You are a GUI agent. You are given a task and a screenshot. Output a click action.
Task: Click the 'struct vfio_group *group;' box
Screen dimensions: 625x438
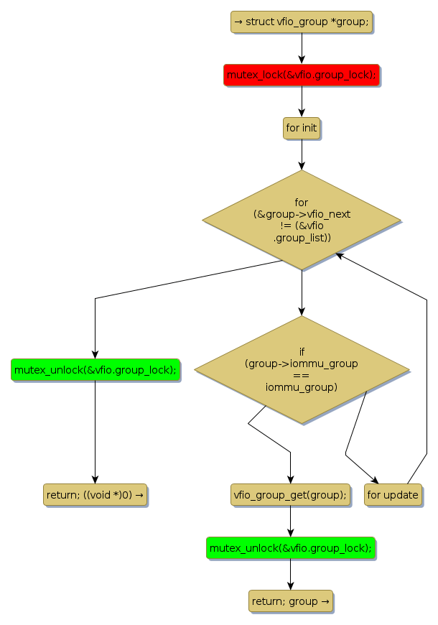(302, 22)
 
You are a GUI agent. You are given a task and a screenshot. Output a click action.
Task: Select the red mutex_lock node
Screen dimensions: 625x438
(302, 75)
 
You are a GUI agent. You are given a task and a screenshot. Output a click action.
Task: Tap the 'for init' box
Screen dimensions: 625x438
(302, 128)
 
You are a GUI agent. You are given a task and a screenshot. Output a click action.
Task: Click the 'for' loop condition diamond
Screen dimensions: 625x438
(302, 220)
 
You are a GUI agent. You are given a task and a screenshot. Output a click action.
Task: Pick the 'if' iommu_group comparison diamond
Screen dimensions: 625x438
(302, 369)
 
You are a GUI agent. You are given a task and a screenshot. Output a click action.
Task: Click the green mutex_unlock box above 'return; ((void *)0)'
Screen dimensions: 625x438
(95, 370)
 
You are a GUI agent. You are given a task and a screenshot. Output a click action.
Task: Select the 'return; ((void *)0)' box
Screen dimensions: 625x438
(95, 494)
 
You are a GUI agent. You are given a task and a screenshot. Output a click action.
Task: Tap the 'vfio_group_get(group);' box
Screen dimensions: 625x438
(290, 494)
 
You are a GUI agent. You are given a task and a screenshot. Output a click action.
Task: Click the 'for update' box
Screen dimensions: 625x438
(393, 494)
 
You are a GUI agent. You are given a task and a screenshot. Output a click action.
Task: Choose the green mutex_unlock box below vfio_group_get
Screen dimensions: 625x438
(290, 547)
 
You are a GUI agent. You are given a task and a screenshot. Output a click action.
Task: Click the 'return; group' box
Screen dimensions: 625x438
(290, 601)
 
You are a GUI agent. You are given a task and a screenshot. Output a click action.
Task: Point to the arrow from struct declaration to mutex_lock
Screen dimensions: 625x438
(302, 48)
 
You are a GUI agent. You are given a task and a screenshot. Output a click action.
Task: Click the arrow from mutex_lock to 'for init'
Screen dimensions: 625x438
(302, 101)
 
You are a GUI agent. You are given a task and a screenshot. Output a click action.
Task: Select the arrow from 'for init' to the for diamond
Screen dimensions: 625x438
(302, 154)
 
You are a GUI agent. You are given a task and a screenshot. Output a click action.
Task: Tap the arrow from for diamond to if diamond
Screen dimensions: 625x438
(302, 292)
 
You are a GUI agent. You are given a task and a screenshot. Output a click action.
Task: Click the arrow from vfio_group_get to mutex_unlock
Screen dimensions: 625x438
(290, 521)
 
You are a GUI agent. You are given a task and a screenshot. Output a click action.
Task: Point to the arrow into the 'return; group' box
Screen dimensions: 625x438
(290, 574)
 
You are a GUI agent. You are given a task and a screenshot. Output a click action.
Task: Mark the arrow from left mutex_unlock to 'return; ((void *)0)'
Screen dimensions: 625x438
(95, 432)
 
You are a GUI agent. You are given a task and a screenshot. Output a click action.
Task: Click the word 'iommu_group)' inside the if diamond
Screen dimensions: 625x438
(302, 387)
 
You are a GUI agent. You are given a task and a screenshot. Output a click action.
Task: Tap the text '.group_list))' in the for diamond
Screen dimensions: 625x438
(302, 237)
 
